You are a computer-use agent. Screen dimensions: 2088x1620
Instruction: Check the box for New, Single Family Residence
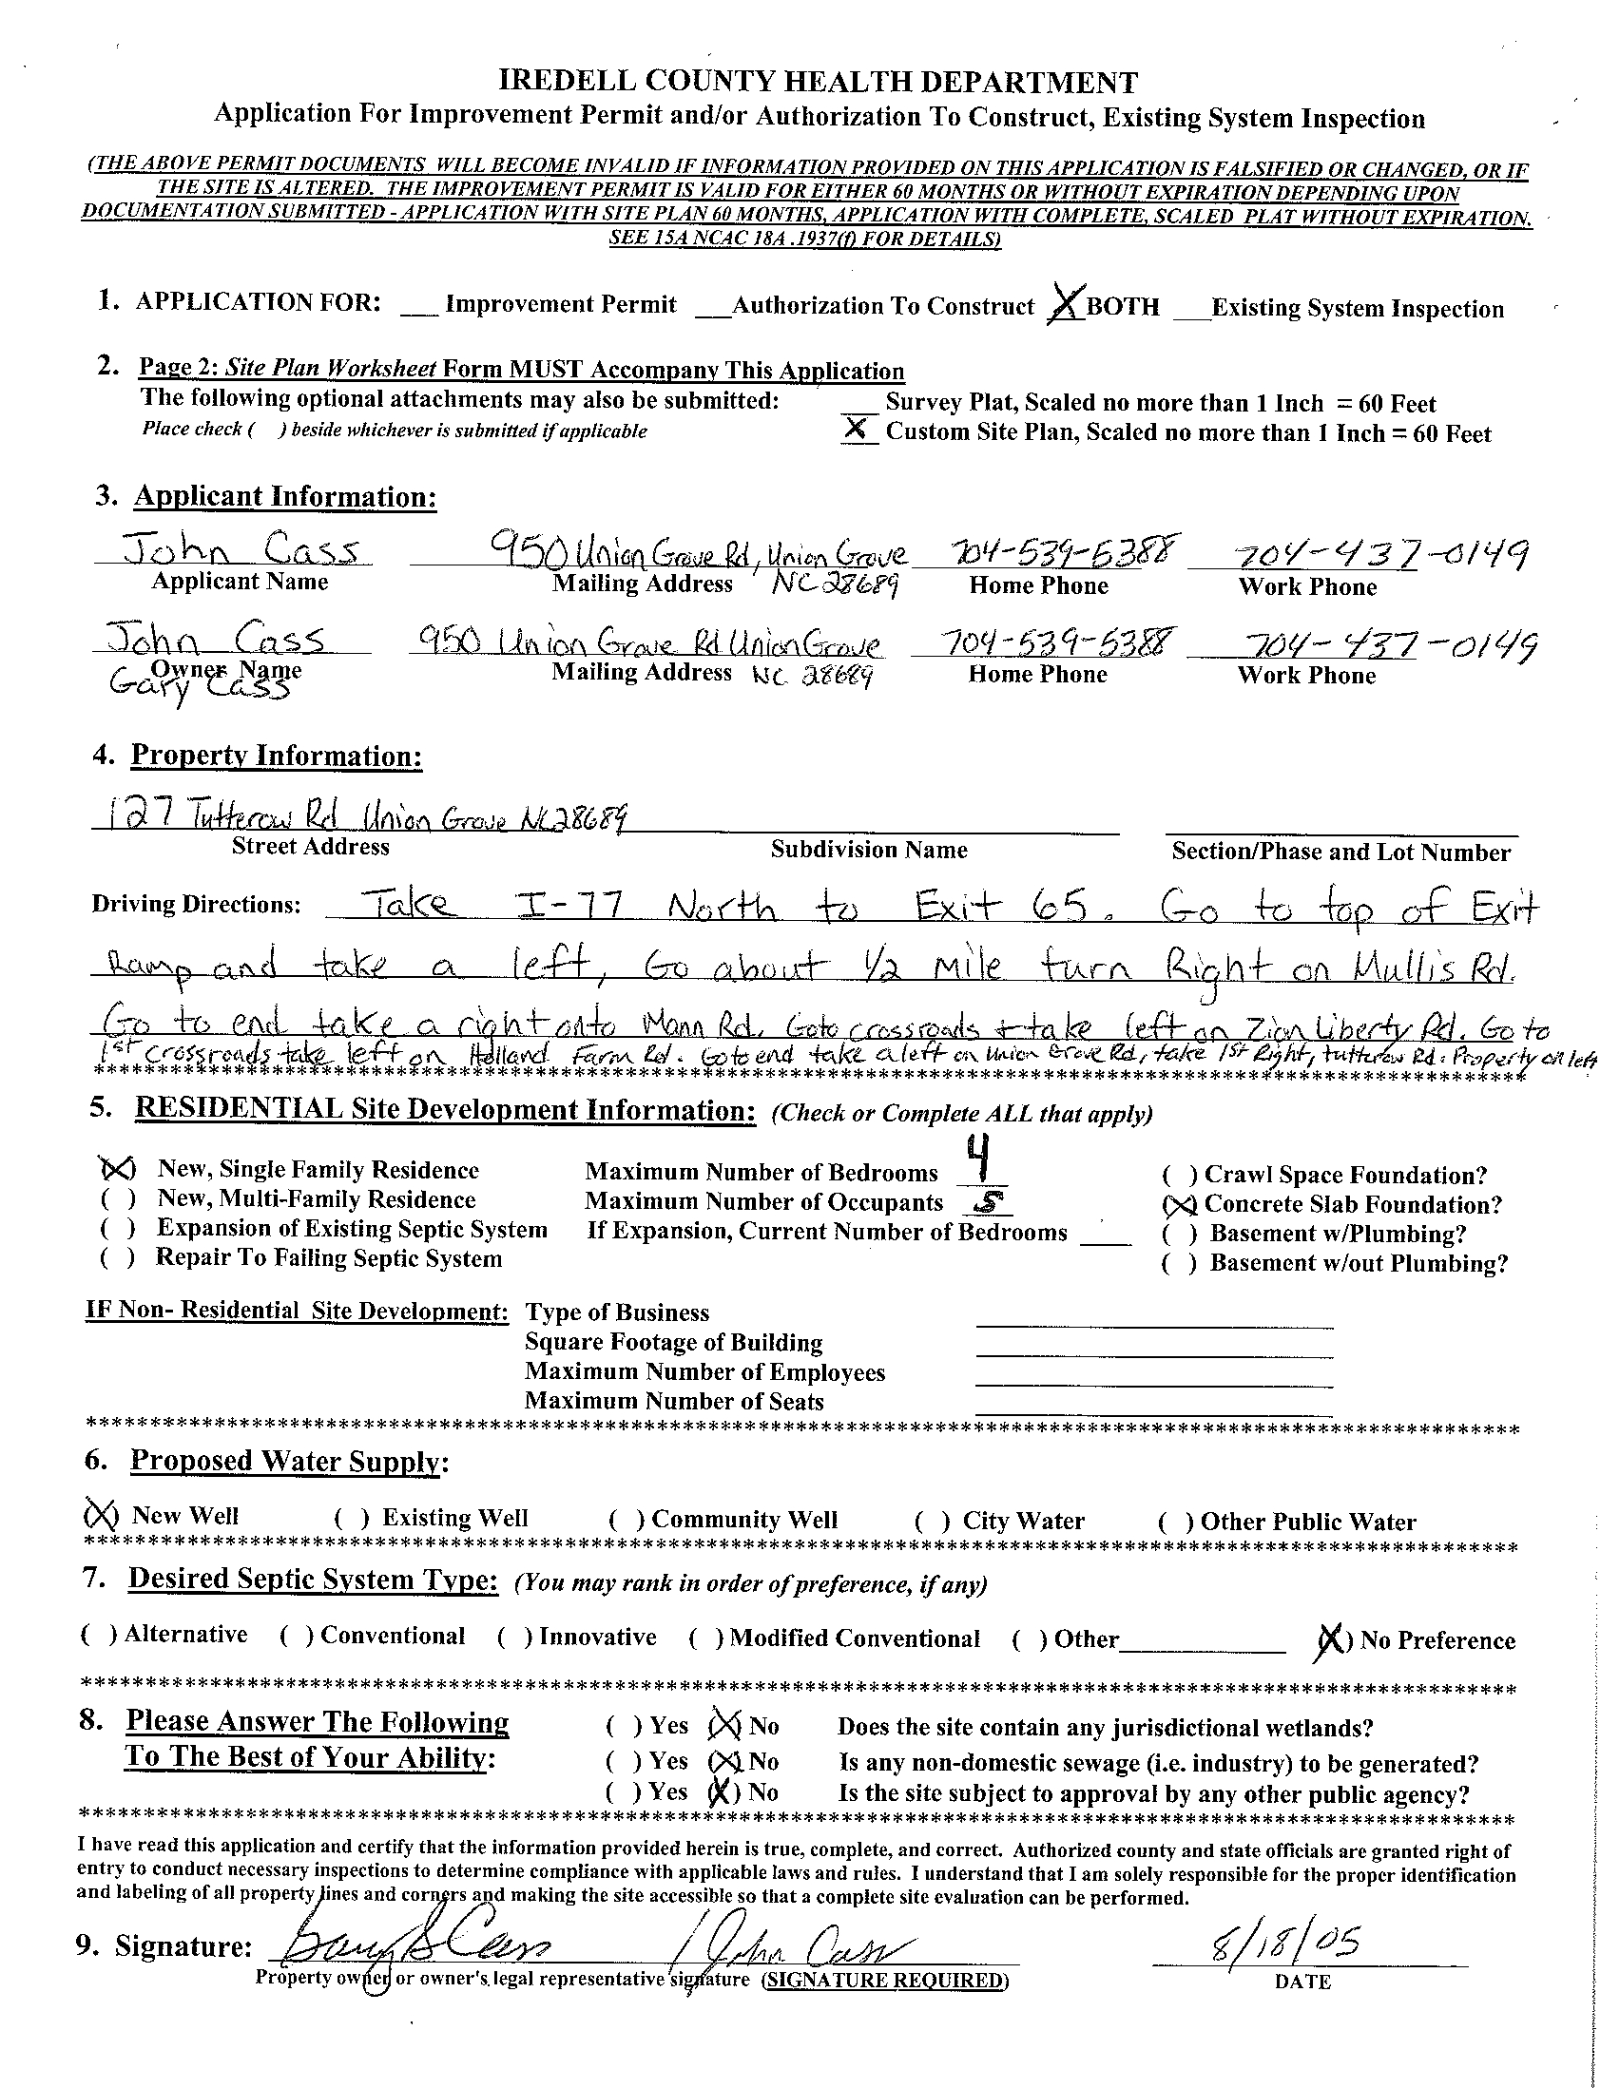(x=117, y=1168)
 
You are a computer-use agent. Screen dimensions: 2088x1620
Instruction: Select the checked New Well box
(x=101, y=1515)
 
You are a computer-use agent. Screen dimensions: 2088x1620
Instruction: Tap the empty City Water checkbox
(x=933, y=1520)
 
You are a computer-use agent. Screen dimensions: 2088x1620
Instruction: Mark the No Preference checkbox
(x=1330, y=1641)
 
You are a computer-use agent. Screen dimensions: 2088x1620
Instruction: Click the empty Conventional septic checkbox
(x=297, y=1636)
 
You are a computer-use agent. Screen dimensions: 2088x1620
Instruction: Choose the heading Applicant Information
(x=285, y=496)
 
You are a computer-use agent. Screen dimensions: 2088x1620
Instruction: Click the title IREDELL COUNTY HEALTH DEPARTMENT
(x=819, y=83)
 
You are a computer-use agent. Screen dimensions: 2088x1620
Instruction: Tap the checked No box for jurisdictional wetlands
(x=724, y=1725)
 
